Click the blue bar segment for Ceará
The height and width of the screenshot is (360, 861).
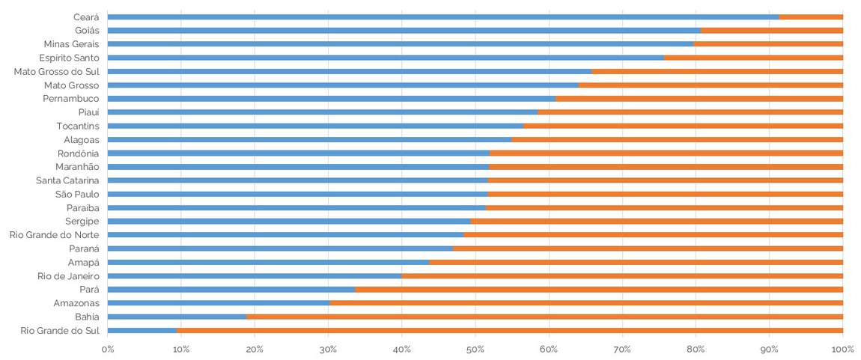coord(443,16)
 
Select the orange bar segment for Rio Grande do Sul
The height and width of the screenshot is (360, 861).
coord(510,330)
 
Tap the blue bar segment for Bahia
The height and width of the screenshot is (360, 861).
coord(177,317)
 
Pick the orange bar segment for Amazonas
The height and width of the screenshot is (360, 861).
coord(586,303)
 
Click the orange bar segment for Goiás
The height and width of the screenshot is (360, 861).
coord(771,31)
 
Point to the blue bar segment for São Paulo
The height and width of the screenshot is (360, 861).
coord(297,194)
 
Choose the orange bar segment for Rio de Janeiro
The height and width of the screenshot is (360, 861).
coord(622,276)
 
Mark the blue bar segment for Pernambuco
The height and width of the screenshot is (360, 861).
coord(331,99)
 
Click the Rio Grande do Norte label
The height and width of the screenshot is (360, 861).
coord(54,235)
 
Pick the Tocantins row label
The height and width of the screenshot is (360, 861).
coord(78,126)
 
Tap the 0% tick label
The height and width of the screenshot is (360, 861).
coord(108,348)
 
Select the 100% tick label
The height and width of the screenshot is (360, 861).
coord(842,348)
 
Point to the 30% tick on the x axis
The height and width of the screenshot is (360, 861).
coord(328,348)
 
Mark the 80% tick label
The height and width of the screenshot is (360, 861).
coord(696,348)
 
